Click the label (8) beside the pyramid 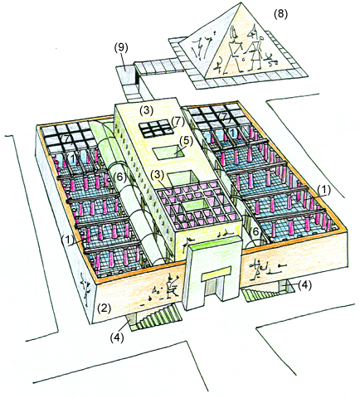coord(280,14)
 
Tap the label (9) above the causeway coord(121,48)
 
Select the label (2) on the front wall coord(104,308)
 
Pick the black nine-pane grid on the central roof coord(154,129)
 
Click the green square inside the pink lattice coord(193,205)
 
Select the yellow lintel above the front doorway coord(216,274)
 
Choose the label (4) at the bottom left coord(117,337)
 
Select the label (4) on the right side coord(304,285)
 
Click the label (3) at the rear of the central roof coord(146,110)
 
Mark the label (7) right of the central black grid coord(178,122)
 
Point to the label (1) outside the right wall coord(324,190)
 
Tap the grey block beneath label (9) coord(127,72)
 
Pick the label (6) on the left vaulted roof coord(120,177)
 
